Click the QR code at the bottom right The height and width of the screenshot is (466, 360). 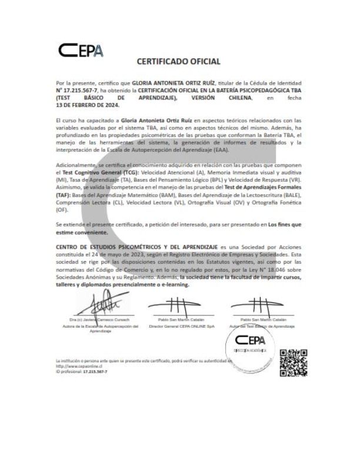point(292,362)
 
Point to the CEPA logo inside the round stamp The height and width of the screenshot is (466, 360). point(251,339)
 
